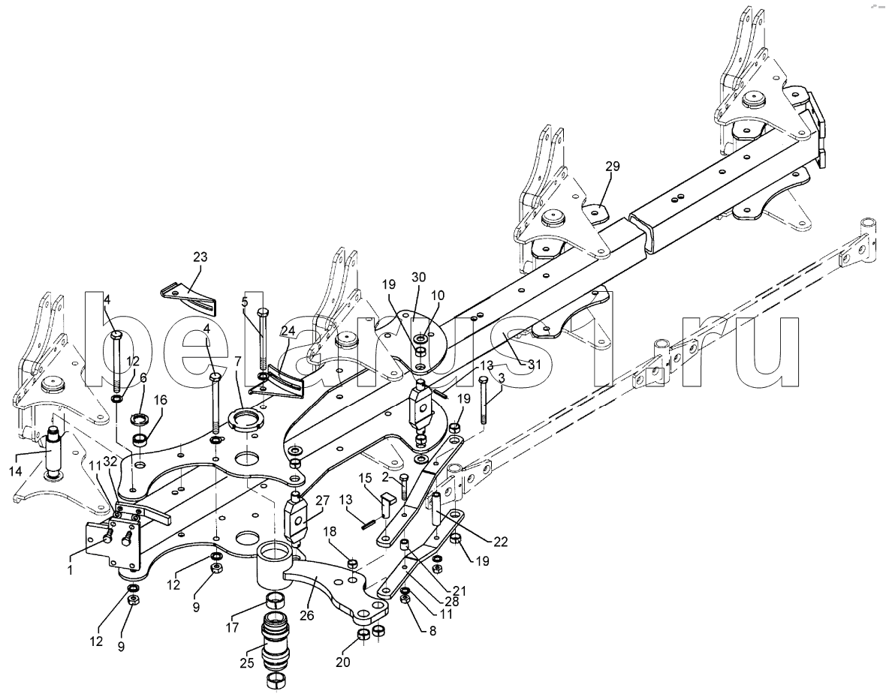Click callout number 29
(x=613, y=167)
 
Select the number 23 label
(x=200, y=257)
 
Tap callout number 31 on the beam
(x=534, y=365)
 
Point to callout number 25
(x=247, y=664)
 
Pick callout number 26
(x=307, y=615)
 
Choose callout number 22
(x=500, y=542)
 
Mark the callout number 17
(x=232, y=627)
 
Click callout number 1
(x=70, y=570)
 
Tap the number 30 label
(x=419, y=277)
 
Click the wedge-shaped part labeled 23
(x=190, y=298)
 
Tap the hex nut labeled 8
(x=405, y=599)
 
